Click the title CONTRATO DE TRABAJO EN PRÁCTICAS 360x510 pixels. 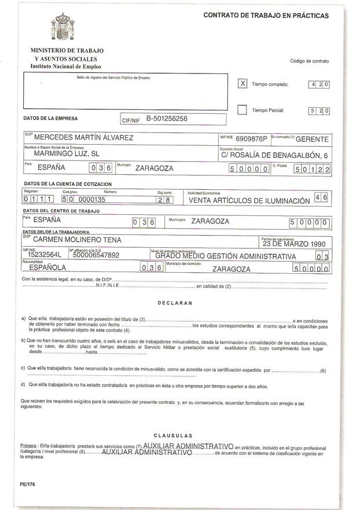[x=266, y=16]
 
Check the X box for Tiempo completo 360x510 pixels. [x=243, y=83]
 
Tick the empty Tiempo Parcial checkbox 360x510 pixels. [x=243, y=109]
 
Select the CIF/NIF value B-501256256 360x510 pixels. [x=167, y=119]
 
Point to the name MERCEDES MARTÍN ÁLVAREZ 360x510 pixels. [x=84, y=138]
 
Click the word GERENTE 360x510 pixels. [x=312, y=139]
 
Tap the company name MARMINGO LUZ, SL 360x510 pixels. [x=67, y=155]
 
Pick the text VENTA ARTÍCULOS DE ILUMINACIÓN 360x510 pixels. [x=249, y=200]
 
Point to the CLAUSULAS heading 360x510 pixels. [x=173, y=435]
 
